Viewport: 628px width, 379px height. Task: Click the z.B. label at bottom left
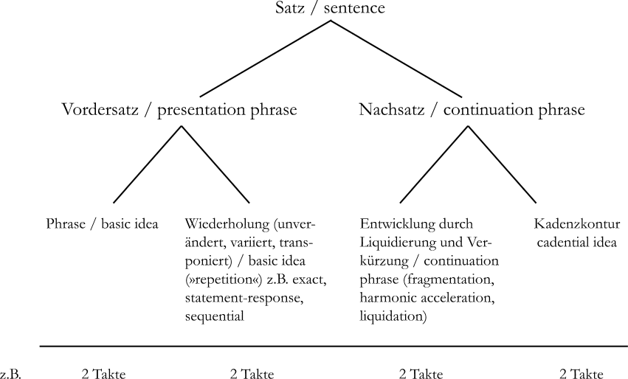pos(11,373)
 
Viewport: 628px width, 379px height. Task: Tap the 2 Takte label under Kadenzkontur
pos(581,373)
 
